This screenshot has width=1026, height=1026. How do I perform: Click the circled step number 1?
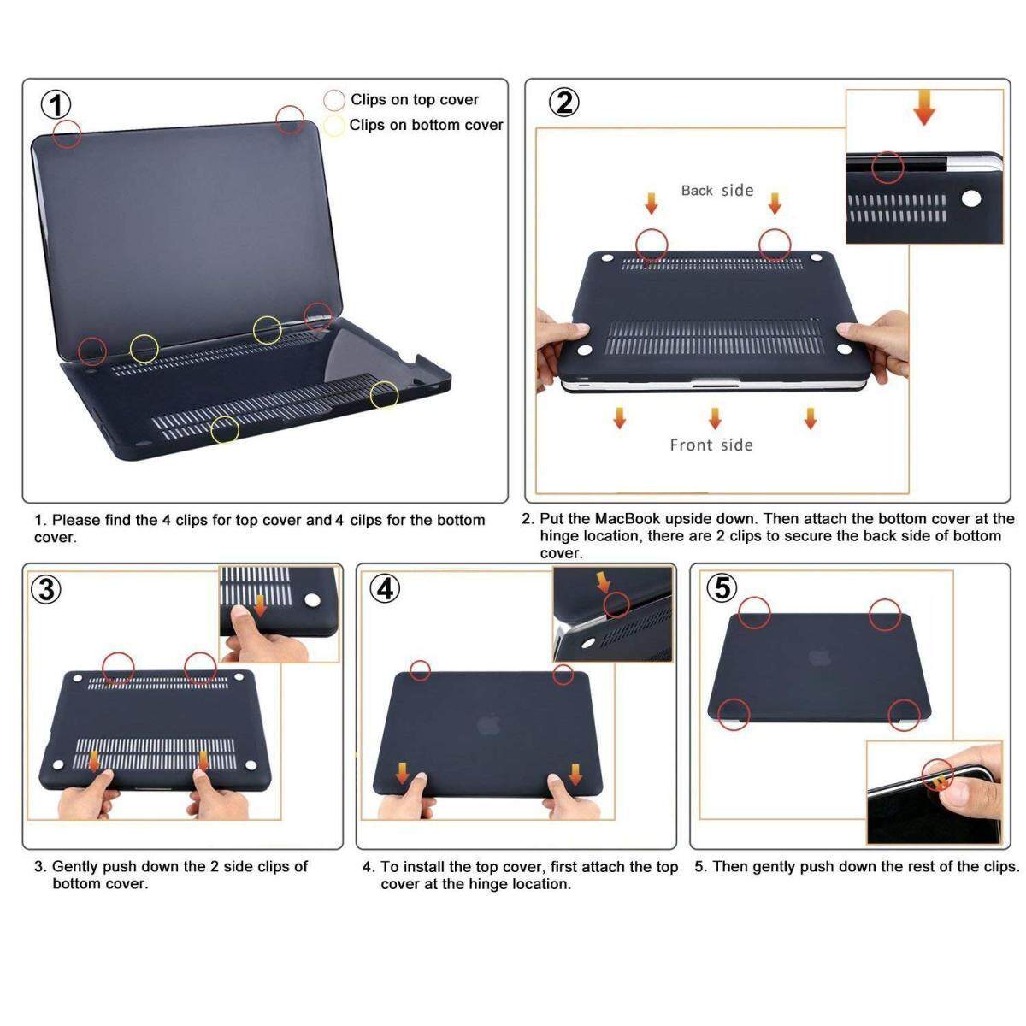point(56,106)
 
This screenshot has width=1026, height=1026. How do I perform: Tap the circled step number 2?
point(564,103)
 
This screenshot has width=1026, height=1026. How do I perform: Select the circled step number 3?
point(46,589)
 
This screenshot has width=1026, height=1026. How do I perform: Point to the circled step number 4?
point(385,589)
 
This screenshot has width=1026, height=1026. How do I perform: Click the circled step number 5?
point(722,588)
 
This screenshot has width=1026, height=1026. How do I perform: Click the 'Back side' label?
point(716,191)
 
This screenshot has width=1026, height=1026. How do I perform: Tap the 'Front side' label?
point(711,445)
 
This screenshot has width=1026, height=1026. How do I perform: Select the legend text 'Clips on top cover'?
point(414,100)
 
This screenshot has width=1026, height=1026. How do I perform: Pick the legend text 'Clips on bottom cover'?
point(426,125)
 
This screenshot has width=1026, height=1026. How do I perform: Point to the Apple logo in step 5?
point(820,657)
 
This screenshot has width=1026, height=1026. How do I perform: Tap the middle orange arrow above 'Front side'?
point(715,418)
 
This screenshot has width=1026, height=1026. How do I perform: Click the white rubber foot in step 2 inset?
point(970,200)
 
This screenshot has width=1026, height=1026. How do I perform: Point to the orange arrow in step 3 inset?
point(260,605)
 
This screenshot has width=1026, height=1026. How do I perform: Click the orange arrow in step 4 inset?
point(604,582)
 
